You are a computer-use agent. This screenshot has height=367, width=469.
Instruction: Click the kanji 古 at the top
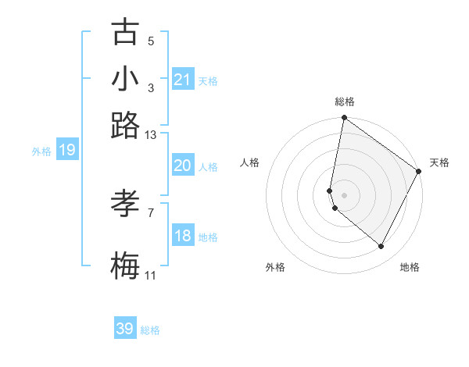(x=125, y=33)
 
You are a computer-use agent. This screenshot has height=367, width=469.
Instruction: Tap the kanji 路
(x=125, y=125)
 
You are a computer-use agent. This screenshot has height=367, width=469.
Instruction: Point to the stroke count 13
(x=150, y=134)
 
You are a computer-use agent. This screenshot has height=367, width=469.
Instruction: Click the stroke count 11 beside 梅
(x=150, y=276)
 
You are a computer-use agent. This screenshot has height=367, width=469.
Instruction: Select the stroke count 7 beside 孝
(x=151, y=212)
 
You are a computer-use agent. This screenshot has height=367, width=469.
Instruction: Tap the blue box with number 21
(x=183, y=79)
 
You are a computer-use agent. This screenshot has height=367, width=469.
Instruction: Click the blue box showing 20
(x=182, y=166)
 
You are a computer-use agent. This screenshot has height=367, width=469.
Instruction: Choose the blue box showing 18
(x=182, y=236)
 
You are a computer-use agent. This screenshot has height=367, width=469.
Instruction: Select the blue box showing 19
(x=66, y=150)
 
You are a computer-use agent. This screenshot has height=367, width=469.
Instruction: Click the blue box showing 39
(x=125, y=329)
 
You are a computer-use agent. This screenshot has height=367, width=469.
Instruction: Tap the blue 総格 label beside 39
(x=150, y=330)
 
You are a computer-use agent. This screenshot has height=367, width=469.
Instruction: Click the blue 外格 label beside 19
(x=41, y=151)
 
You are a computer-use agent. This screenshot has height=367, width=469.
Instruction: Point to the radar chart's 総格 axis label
(x=345, y=102)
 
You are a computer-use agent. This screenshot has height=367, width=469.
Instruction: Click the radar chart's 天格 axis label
(x=439, y=162)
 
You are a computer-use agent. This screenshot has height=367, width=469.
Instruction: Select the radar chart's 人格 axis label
(x=250, y=162)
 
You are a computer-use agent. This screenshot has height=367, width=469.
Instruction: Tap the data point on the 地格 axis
(x=381, y=247)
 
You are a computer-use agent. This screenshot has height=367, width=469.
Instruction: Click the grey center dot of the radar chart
(x=344, y=194)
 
